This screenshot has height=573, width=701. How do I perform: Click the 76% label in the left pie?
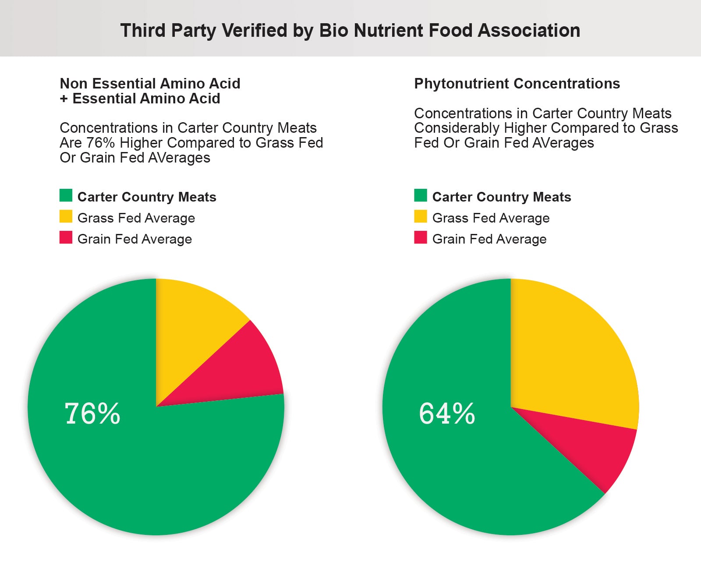click(x=92, y=414)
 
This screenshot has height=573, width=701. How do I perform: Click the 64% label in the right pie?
click(x=447, y=414)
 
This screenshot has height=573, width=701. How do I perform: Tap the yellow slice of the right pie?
click(x=570, y=359)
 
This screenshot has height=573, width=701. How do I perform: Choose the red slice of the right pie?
click(x=600, y=451)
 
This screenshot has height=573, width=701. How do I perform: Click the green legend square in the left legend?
click(x=66, y=195)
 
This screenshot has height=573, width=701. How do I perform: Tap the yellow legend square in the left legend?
click(x=66, y=216)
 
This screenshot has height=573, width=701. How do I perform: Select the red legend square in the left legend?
click(x=66, y=237)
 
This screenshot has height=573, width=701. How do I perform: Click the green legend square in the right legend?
click(x=421, y=195)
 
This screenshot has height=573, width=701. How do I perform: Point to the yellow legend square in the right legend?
click(x=421, y=216)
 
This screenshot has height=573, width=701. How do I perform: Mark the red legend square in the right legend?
click(x=421, y=237)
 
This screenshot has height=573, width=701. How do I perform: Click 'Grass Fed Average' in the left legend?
click(x=136, y=218)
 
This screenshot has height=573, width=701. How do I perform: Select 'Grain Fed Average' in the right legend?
click(x=489, y=239)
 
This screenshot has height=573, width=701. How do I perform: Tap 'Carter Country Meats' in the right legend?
click(x=502, y=197)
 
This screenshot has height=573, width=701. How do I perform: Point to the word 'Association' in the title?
click(x=529, y=31)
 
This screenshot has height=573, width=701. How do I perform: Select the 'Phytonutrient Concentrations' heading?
click(x=517, y=84)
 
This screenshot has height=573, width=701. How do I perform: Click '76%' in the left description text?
click(x=100, y=143)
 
